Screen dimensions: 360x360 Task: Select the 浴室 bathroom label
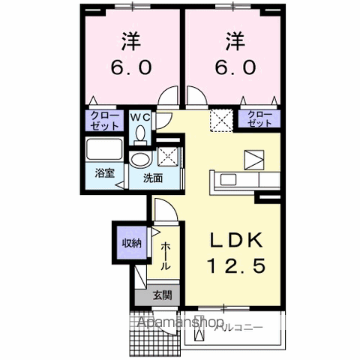(x=103, y=172)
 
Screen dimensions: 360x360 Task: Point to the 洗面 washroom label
(x=153, y=178)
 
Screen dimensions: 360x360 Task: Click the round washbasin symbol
(x=140, y=160)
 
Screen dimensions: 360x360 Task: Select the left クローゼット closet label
(x=99, y=119)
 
